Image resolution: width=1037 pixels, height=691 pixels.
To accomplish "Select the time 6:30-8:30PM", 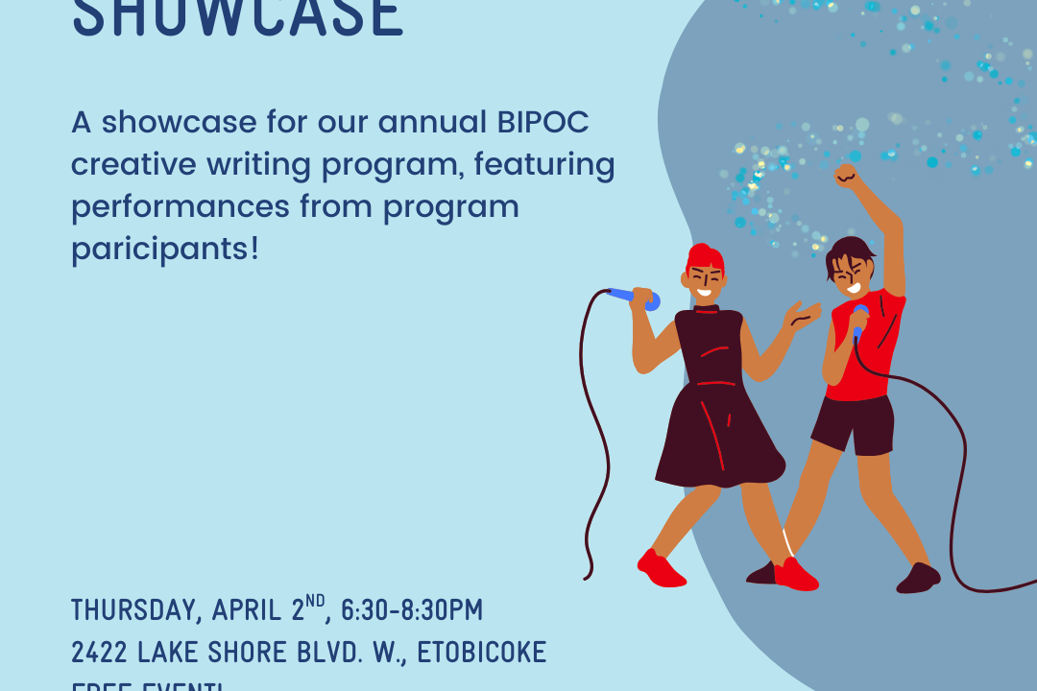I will click(x=412, y=610).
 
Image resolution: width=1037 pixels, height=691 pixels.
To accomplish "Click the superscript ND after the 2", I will click(x=316, y=602).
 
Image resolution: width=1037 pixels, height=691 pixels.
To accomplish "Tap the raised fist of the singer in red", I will click(x=845, y=176).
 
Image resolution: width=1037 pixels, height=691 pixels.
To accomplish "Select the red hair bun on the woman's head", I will click(x=704, y=255).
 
